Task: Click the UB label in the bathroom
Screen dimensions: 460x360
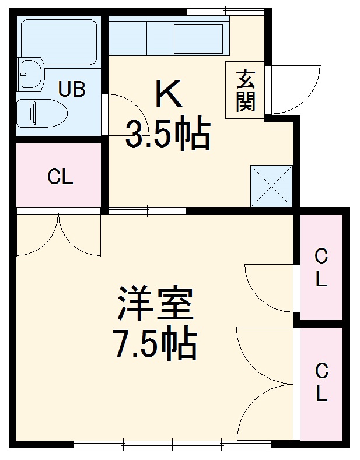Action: pyautogui.click(x=72, y=89)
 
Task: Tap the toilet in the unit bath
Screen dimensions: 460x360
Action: pyautogui.click(x=40, y=113)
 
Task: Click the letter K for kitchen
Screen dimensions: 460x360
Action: pyautogui.click(x=168, y=94)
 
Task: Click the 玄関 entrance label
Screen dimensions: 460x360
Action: pyautogui.click(x=246, y=90)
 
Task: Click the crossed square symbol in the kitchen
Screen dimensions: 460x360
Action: pyautogui.click(x=271, y=186)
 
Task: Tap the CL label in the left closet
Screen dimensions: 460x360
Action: pyautogui.click(x=60, y=177)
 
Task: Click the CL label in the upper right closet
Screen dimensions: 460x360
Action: pyautogui.click(x=321, y=267)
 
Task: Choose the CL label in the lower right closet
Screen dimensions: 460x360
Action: pyautogui.click(x=321, y=382)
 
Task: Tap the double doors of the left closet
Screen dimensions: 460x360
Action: pyautogui.click(x=59, y=236)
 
